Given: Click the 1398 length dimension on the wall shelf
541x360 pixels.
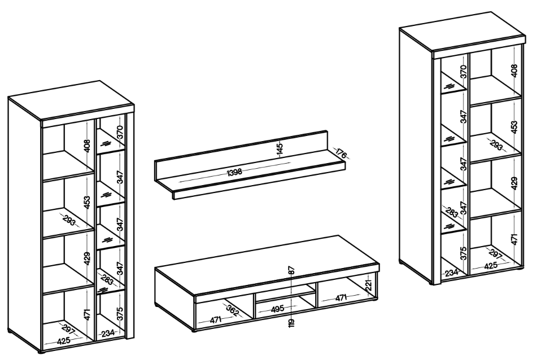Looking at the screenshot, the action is (x=234, y=172).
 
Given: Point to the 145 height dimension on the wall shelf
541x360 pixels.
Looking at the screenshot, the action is (x=280, y=148).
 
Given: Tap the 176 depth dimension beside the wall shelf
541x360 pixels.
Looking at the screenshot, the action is (x=341, y=153).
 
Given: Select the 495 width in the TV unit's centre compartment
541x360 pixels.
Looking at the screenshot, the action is (x=277, y=309).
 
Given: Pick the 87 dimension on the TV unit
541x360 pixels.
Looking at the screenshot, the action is (x=292, y=270).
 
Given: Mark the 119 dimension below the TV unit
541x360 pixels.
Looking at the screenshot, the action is (x=292, y=323).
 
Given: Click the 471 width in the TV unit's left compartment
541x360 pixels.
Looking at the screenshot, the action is (x=216, y=320).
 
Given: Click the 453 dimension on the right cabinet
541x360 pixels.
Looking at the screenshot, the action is (x=514, y=128).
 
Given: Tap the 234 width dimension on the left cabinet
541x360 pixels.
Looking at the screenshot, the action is (x=108, y=333).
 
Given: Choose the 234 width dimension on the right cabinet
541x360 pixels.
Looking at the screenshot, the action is (x=451, y=273).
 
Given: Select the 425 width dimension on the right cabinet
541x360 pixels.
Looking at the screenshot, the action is (x=491, y=266).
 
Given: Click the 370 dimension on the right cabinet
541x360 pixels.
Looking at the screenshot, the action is (x=464, y=72).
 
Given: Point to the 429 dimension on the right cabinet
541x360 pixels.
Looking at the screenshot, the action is (x=514, y=183).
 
